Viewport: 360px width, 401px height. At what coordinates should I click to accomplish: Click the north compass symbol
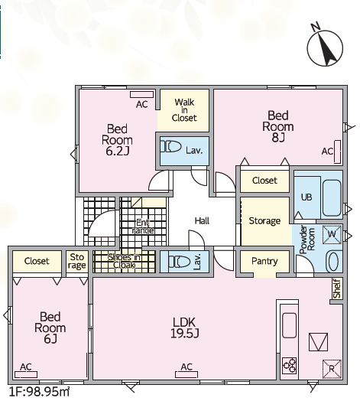tap(325, 46)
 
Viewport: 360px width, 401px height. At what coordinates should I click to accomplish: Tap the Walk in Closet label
tap(184, 110)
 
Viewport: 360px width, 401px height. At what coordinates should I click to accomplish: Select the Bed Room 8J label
tap(278, 126)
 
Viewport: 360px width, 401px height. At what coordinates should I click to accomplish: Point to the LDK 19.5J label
tap(184, 328)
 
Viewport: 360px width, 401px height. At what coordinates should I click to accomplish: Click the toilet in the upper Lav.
tap(170, 147)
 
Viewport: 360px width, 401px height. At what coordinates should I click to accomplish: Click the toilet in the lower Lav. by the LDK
tap(180, 262)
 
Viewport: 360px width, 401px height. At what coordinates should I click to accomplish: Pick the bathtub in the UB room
tap(332, 198)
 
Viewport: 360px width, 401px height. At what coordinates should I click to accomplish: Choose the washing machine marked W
tap(332, 234)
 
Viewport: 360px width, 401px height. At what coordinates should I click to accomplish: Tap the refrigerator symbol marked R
tap(332, 369)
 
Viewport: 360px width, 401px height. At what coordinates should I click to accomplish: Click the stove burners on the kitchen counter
tap(290, 366)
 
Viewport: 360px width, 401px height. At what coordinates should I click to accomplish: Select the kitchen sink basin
tap(290, 325)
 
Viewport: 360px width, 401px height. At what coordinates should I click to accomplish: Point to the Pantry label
tap(264, 261)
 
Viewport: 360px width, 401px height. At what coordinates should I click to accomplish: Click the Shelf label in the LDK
tap(337, 289)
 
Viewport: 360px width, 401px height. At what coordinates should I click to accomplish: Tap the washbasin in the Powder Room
tap(333, 262)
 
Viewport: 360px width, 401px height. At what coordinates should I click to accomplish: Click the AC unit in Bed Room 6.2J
tap(142, 94)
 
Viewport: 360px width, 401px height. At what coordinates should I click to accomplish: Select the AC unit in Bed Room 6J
tap(26, 375)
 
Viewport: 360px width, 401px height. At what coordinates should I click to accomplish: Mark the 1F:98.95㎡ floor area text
tap(39, 392)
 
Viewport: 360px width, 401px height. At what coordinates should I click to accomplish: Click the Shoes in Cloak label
tap(124, 261)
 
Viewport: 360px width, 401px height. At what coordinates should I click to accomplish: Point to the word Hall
tap(202, 220)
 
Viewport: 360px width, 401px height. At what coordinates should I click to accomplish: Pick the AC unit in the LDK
tap(186, 375)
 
